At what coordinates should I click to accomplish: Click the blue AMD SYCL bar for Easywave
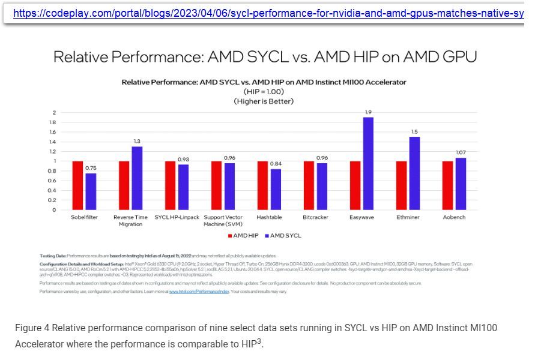(368, 163)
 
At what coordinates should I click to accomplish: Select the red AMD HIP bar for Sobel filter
(77, 185)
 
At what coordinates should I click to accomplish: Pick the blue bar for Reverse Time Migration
(137, 178)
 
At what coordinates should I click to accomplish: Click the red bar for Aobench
(447, 185)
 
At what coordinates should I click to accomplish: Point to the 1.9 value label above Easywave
(368, 112)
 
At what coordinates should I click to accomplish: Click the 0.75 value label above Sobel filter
(91, 168)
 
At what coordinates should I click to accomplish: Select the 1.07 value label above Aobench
(461, 152)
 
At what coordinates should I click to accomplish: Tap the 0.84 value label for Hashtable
(276, 164)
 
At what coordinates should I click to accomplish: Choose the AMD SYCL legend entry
(283, 236)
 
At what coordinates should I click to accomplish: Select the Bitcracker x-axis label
(315, 217)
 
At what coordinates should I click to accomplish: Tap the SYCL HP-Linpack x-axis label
(177, 217)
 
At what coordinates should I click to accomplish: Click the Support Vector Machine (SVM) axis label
(223, 220)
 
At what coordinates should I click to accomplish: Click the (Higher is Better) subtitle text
(264, 101)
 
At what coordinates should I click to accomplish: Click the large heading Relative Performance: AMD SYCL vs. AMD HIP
(265, 57)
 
